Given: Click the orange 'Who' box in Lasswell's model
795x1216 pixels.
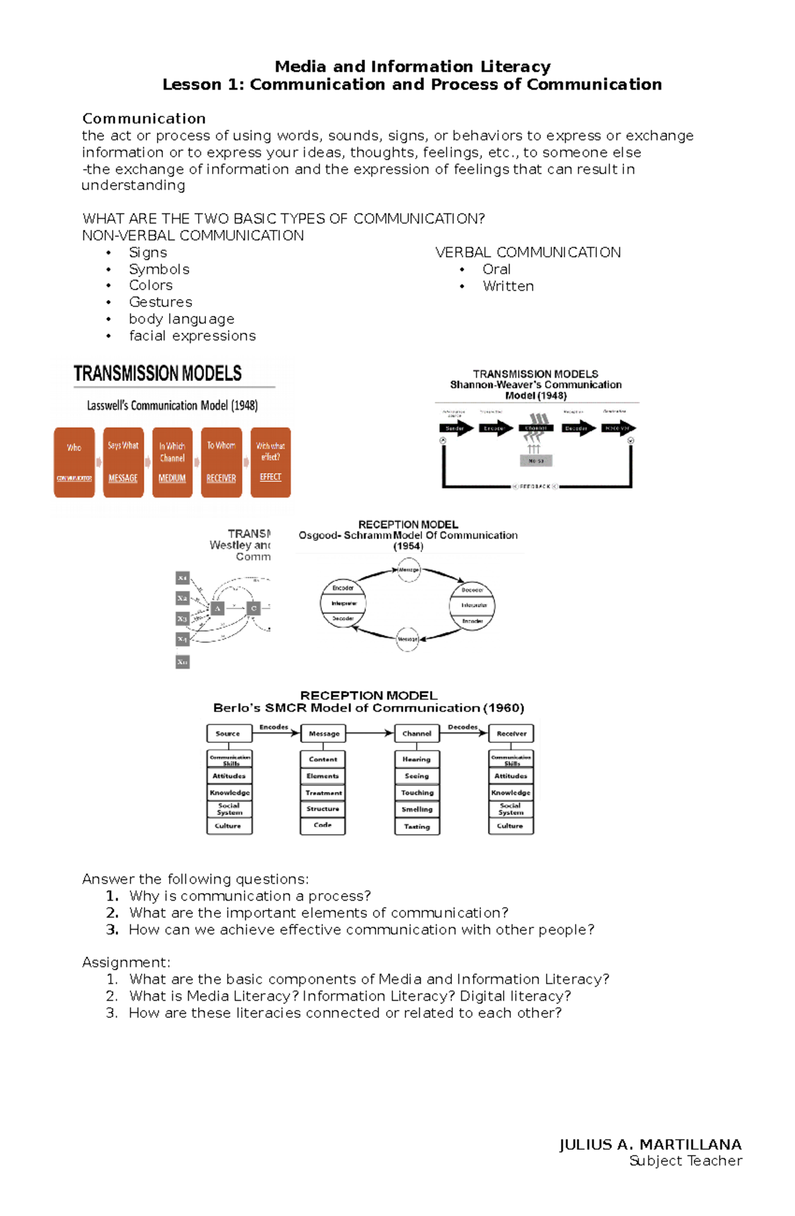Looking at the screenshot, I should [x=74, y=462].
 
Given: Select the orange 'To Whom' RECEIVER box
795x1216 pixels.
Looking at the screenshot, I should [x=221, y=462].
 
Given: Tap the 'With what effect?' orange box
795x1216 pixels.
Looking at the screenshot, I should [x=270, y=462].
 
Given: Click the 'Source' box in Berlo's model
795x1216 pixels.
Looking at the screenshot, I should [x=228, y=734].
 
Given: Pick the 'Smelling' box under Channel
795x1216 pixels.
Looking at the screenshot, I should [x=417, y=809].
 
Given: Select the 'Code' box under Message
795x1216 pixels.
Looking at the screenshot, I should [x=323, y=825].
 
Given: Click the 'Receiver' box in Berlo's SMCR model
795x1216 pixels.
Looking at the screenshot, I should [x=511, y=734].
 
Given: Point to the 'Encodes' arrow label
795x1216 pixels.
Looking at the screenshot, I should [x=274, y=727].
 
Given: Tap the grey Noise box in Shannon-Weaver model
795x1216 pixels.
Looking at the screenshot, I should [x=536, y=461].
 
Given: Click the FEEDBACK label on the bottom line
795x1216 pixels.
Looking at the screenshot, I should [x=535, y=486].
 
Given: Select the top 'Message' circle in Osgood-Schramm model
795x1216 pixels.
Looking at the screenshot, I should [x=409, y=569].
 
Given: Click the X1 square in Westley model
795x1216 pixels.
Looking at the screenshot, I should [x=182, y=578].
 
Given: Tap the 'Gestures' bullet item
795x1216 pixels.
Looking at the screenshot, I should [x=160, y=302].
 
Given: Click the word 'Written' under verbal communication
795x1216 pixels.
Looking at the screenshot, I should [x=508, y=286].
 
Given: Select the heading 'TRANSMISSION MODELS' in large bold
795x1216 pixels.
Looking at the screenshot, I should [x=158, y=374].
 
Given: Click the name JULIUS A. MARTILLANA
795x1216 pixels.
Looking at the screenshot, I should [x=650, y=1144].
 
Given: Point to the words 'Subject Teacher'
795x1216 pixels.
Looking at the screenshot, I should [x=685, y=1161].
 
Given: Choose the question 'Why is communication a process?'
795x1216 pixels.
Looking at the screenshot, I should [x=250, y=896].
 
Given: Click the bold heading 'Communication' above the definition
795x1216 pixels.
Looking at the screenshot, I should [x=144, y=119].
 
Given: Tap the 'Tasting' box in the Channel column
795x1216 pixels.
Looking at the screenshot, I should [x=417, y=826].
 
